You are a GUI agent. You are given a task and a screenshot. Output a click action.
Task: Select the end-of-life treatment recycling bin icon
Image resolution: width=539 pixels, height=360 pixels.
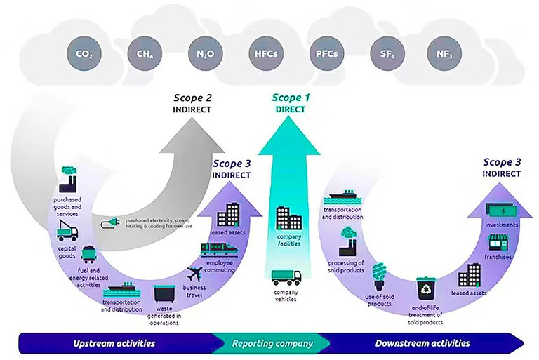coord(426,287)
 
